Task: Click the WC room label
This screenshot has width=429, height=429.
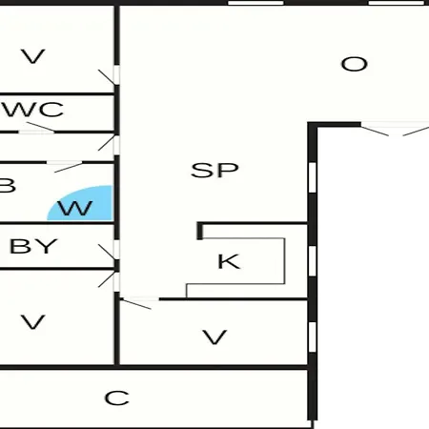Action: click(33, 110)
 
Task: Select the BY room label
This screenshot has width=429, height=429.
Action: click(33, 246)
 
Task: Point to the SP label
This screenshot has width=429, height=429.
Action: click(214, 170)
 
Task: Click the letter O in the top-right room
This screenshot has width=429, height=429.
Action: click(355, 64)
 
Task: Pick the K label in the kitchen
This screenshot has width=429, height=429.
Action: click(229, 261)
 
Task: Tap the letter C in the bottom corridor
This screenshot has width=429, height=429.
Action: click(117, 398)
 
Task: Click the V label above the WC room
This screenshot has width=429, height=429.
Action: click(33, 56)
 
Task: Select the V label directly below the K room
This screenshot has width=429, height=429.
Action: click(214, 337)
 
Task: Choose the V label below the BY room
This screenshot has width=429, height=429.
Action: click(33, 321)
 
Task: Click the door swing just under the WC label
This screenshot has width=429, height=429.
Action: click(40, 127)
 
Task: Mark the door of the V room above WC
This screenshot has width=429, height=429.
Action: click(108, 76)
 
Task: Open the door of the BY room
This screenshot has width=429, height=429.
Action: click(108, 251)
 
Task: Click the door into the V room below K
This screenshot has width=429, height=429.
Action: click(136, 302)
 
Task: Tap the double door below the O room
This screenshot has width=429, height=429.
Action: click(395, 130)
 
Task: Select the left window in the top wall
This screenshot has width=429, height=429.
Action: click(255, 3)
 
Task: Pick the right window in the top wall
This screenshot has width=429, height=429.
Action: click(397, 3)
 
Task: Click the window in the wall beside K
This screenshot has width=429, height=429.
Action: click(313, 260)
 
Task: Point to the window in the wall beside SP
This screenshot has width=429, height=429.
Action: click(313, 177)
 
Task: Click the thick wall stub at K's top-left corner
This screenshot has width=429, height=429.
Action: click(200, 231)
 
